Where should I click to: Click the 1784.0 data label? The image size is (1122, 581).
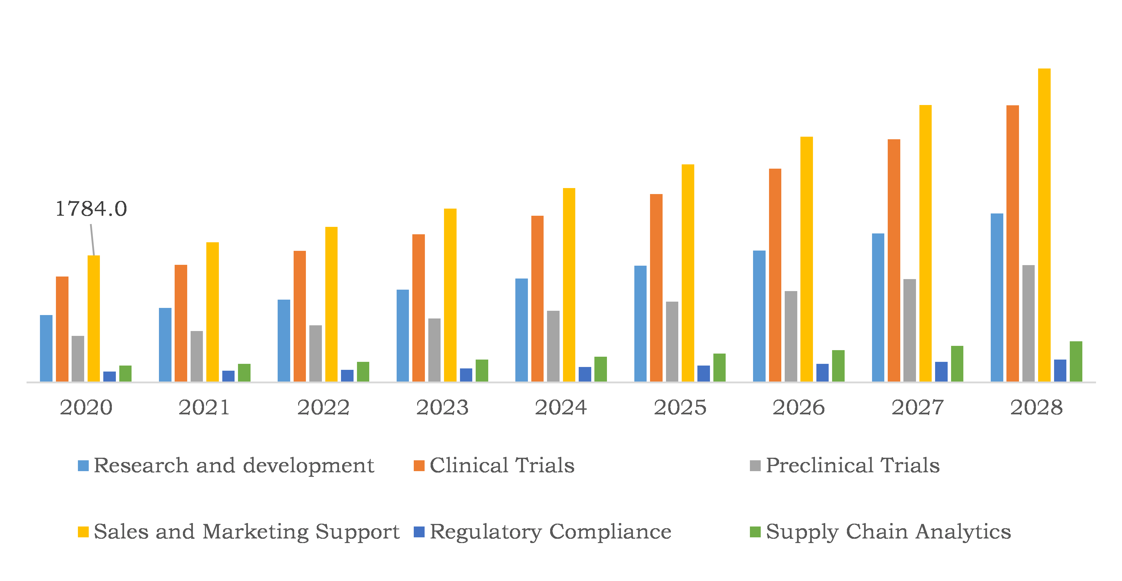point(91,209)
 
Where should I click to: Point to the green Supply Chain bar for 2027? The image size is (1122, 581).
point(957,364)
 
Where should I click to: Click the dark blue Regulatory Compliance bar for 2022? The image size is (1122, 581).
point(347,376)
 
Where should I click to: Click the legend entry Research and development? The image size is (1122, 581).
point(233,465)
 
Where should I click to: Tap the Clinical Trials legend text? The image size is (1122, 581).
point(502,465)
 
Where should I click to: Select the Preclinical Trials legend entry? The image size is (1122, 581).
point(852,465)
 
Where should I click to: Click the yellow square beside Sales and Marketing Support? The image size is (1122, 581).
point(83,532)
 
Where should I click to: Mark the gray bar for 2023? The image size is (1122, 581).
point(434,350)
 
